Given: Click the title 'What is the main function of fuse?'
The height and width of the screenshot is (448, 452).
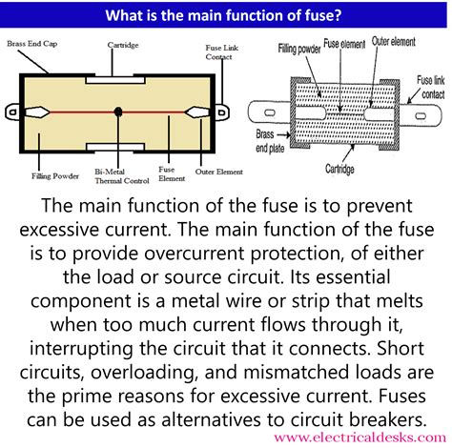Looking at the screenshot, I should coord(226,14).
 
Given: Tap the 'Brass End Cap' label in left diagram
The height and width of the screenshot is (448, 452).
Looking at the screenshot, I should coord(31,45).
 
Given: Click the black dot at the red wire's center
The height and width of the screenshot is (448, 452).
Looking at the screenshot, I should coord(119,112).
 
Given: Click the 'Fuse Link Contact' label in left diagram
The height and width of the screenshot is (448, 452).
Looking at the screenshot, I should coord(222,52).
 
